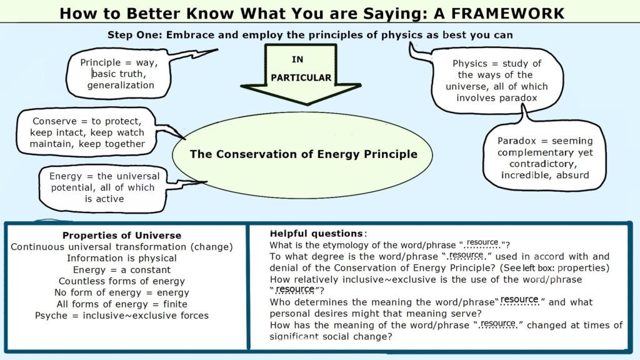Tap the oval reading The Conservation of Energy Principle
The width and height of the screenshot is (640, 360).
[303, 154]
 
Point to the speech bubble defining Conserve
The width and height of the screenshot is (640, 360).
[87, 132]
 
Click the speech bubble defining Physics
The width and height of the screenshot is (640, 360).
[497, 81]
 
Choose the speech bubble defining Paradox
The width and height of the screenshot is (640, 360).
[544, 157]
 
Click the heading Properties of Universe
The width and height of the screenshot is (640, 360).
[122, 236]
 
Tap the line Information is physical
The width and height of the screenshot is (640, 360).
[122, 258]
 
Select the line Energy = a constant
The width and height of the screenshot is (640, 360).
[122, 269]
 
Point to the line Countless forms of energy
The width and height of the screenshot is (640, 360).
[122, 281]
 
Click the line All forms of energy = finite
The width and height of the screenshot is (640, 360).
[122, 304]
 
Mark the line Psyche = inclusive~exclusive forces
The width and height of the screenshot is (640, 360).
[122, 315]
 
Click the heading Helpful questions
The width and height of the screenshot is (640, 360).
[316, 233]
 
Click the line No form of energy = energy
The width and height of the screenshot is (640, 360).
[122, 292]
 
